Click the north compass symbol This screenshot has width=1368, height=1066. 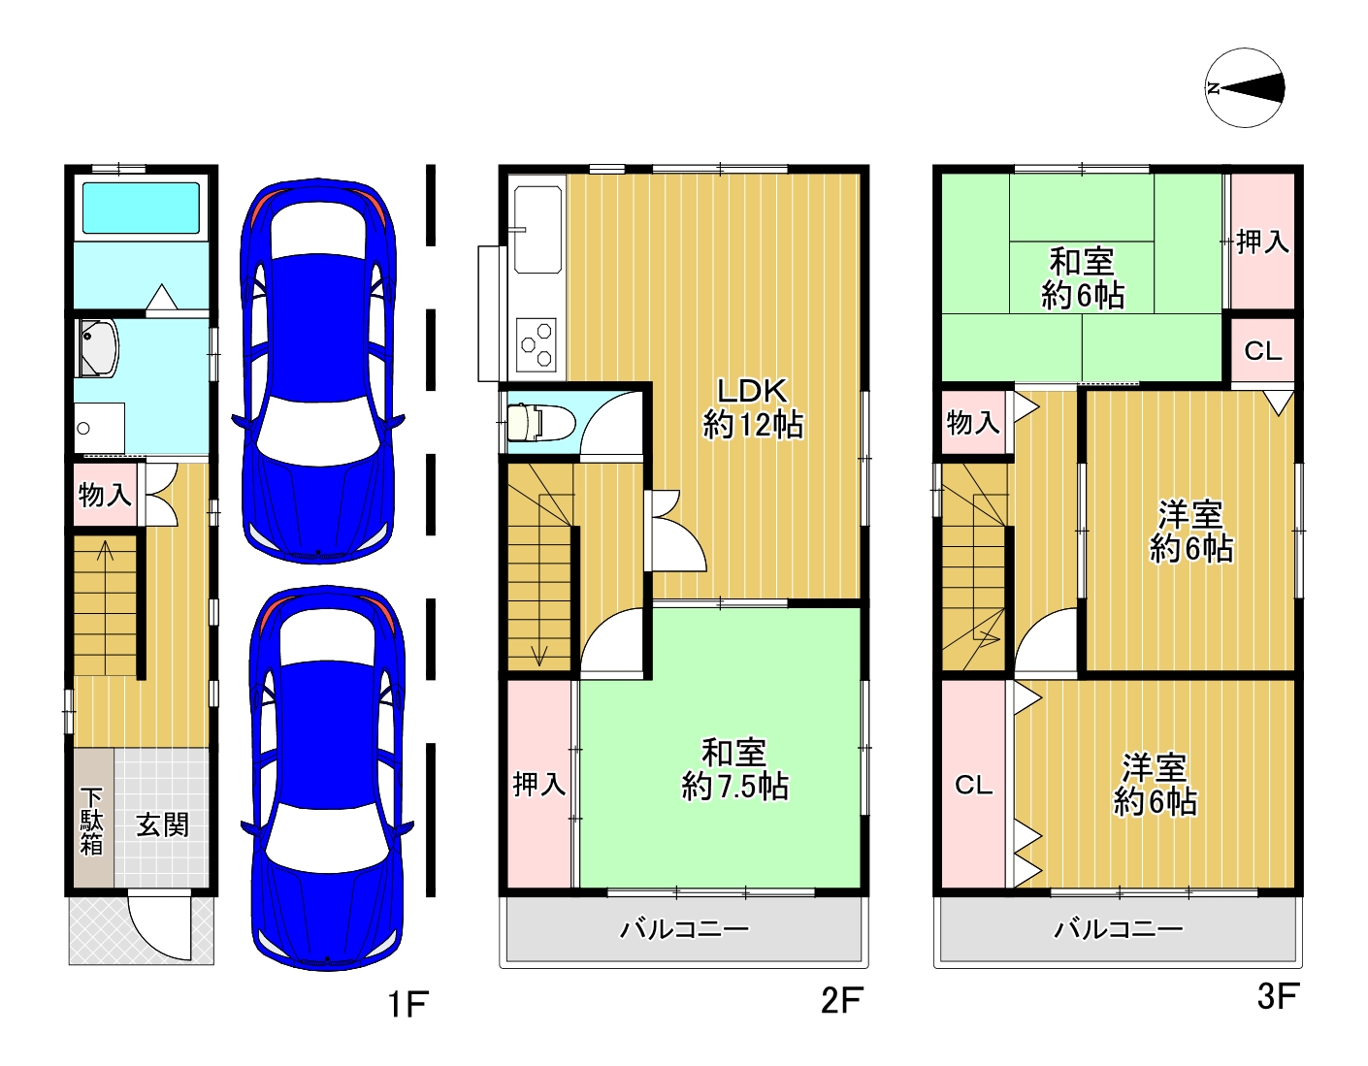pyautogui.click(x=1245, y=88)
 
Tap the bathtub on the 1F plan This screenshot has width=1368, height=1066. pyautogui.click(x=141, y=209)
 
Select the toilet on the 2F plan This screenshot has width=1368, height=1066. pyautogui.click(x=539, y=421)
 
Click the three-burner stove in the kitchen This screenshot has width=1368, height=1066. pyautogui.click(x=537, y=345)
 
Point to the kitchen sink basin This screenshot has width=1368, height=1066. pyautogui.click(x=538, y=230)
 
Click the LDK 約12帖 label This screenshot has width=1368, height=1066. pyautogui.click(x=753, y=407)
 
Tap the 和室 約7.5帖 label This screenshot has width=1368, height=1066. pyautogui.click(x=734, y=769)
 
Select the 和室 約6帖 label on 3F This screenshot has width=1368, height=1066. pyautogui.click(x=1082, y=278)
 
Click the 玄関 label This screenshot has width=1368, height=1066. pyautogui.click(x=162, y=825)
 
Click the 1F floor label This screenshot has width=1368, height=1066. pyautogui.click(x=407, y=1004)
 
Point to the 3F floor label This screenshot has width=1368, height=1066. pyautogui.click(x=1278, y=996)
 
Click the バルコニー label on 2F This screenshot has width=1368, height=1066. pyautogui.click(x=684, y=929)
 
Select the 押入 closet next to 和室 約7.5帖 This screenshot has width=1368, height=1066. pyautogui.click(x=539, y=784)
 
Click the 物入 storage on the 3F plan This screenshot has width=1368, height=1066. pyautogui.click(x=973, y=422)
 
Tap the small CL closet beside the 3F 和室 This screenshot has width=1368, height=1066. pyautogui.click(x=1262, y=350)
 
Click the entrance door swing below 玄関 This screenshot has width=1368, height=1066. pyautogui.click(x=160, y=929)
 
